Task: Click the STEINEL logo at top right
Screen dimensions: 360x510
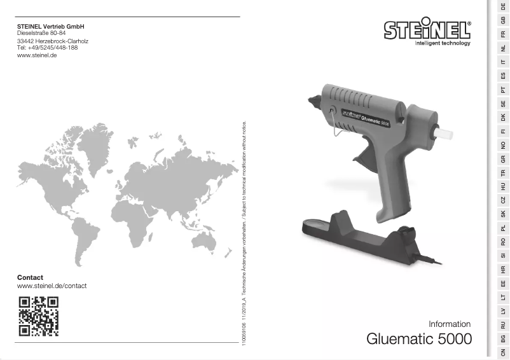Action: click(427, 31)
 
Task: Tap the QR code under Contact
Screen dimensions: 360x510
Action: click(39, 315)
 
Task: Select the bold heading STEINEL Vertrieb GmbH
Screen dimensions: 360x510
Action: click(50, 26)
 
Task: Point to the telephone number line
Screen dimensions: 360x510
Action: click(47, 48)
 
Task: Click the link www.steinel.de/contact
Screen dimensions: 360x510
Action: click(52, 286)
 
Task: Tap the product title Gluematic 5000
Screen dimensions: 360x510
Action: click(419, 339)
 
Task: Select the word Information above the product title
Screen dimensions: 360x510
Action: click(450, 324)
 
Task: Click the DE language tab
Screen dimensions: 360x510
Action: click(503, 6)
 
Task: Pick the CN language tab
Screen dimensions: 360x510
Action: click(503, 352)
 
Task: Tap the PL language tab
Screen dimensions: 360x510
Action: click(503, 227)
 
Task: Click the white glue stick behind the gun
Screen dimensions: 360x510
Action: click(443, 133)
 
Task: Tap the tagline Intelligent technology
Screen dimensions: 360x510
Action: click(442, 44)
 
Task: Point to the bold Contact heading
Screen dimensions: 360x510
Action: click(30, 277)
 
